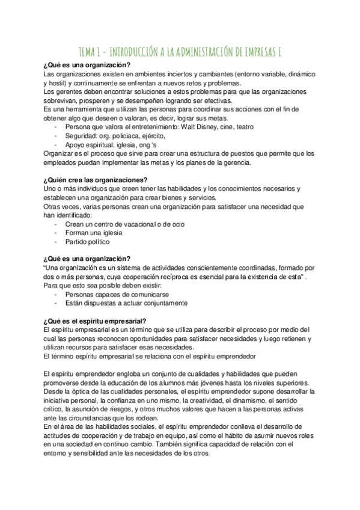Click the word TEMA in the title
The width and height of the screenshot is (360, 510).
point(90,52)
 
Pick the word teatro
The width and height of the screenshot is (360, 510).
point(242,127)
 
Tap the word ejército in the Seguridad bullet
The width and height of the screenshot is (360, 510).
point(153,136)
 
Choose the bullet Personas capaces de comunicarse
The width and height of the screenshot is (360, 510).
point(117,295)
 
